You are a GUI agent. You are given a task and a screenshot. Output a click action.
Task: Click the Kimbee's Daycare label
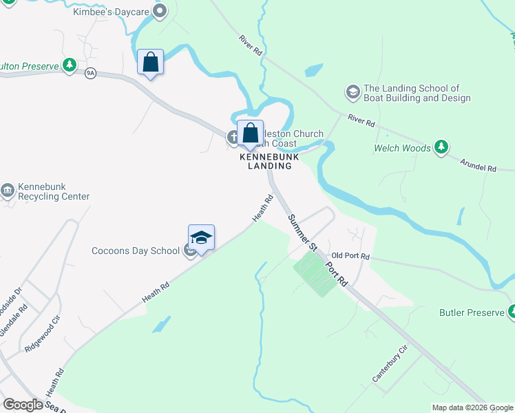pos(111,12)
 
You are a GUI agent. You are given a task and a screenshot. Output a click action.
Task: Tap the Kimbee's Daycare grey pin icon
pos(160,11)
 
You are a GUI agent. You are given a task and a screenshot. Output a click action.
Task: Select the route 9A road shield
pos(90,73)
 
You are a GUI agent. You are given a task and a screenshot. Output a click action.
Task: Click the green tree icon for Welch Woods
pos(441,147)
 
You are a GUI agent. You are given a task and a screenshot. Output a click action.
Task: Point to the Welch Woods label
pos(402,148)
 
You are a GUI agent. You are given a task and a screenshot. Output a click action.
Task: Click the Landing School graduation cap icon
pos(353,92)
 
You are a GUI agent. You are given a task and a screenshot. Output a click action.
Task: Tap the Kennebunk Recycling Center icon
pos(8,191)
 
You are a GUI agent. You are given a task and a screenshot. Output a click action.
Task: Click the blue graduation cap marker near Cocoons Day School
pos(201,237)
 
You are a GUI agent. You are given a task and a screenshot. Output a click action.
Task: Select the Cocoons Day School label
pos(135,251)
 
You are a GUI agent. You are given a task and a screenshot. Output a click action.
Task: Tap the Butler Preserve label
pos(472,313)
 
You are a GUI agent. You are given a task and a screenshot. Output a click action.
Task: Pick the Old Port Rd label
pos(350,256)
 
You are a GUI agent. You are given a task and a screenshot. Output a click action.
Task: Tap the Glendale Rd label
pos(23,319)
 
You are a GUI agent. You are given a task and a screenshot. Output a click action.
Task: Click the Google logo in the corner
pos(23,405)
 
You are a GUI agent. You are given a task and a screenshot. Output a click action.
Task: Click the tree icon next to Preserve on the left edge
pos(69,65)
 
